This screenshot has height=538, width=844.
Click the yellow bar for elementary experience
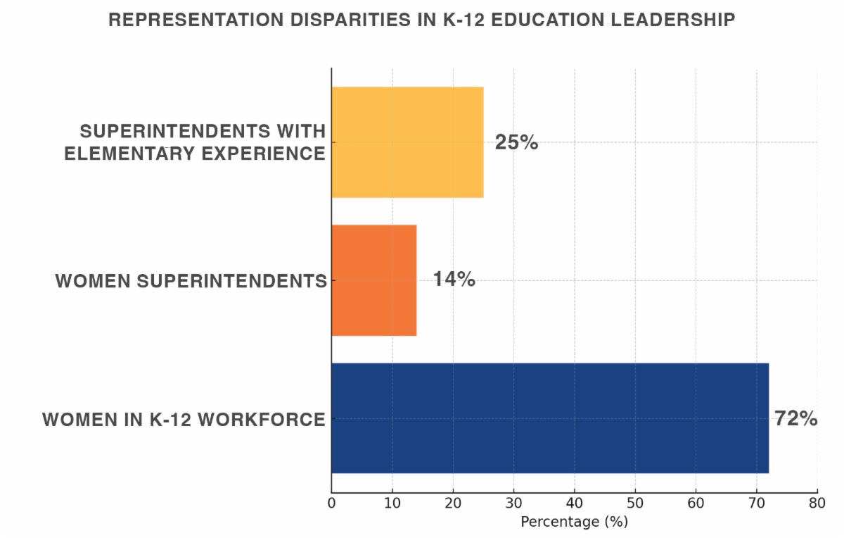tap(407, 142)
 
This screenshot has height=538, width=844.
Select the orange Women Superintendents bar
tap(373, 280)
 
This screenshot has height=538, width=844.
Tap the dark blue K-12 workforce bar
tap(549, 418)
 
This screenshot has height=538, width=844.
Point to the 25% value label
tap(516, 142)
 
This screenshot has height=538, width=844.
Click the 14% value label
tap(454, 280)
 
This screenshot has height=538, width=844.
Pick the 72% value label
tap(795, 418)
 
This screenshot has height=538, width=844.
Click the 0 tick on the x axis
tap(332, 504)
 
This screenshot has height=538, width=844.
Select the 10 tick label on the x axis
tap(392, 504)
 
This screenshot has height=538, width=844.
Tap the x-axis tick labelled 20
tap(453, 504)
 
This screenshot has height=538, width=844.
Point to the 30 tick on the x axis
tap(514, 504)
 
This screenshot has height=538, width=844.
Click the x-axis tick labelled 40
tap(575, 504)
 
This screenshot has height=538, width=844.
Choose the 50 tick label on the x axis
tap(635, 504)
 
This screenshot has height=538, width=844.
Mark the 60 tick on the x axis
tap(696, 504)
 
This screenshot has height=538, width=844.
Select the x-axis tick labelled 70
tap(757, 504)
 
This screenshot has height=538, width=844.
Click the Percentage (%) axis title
tap(574, 523)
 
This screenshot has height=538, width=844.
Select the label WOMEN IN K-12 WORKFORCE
tap(184, 420)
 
